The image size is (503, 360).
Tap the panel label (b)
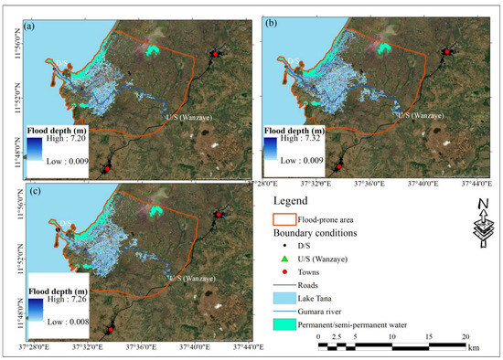click(x=273, y=25)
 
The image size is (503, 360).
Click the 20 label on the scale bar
click(x=466, y=337)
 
